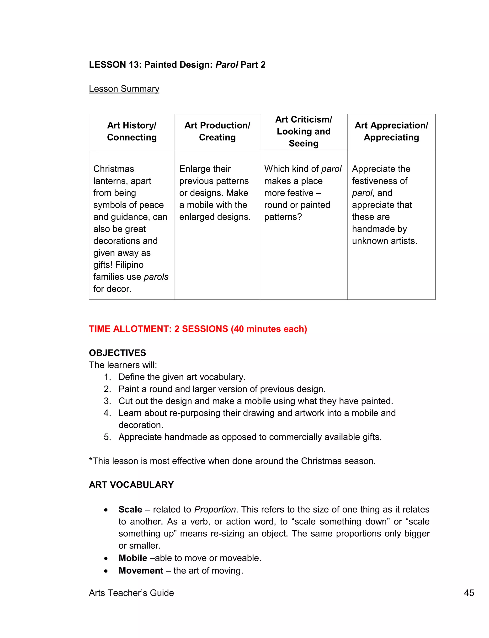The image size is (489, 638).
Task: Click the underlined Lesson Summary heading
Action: click(124, 88)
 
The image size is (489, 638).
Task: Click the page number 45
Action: click(469, 593)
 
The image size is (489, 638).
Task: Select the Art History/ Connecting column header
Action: click(132, 131)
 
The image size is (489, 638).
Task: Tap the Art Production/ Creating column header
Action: click(217, 131)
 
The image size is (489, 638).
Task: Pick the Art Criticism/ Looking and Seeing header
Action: click(303, 131)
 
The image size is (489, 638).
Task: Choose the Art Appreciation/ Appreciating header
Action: click(391, 131)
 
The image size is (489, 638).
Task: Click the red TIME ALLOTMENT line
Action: click(198, 329)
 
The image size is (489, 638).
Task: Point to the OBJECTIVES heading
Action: click(117, 353)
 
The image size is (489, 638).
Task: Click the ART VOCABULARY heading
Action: click(131, 485)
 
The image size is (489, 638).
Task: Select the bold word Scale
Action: click(130, 510)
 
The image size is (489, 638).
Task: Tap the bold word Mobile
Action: click(133, 558)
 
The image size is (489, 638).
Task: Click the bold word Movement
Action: click(141, 570)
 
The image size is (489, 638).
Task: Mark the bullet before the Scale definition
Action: click(106, 510)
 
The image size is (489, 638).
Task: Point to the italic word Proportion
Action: click(215, 510)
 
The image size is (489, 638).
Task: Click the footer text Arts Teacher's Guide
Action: click(131, 593)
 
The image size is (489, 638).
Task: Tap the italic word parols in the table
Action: click(156, 277)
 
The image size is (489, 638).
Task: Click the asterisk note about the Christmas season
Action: click(232, 461)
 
